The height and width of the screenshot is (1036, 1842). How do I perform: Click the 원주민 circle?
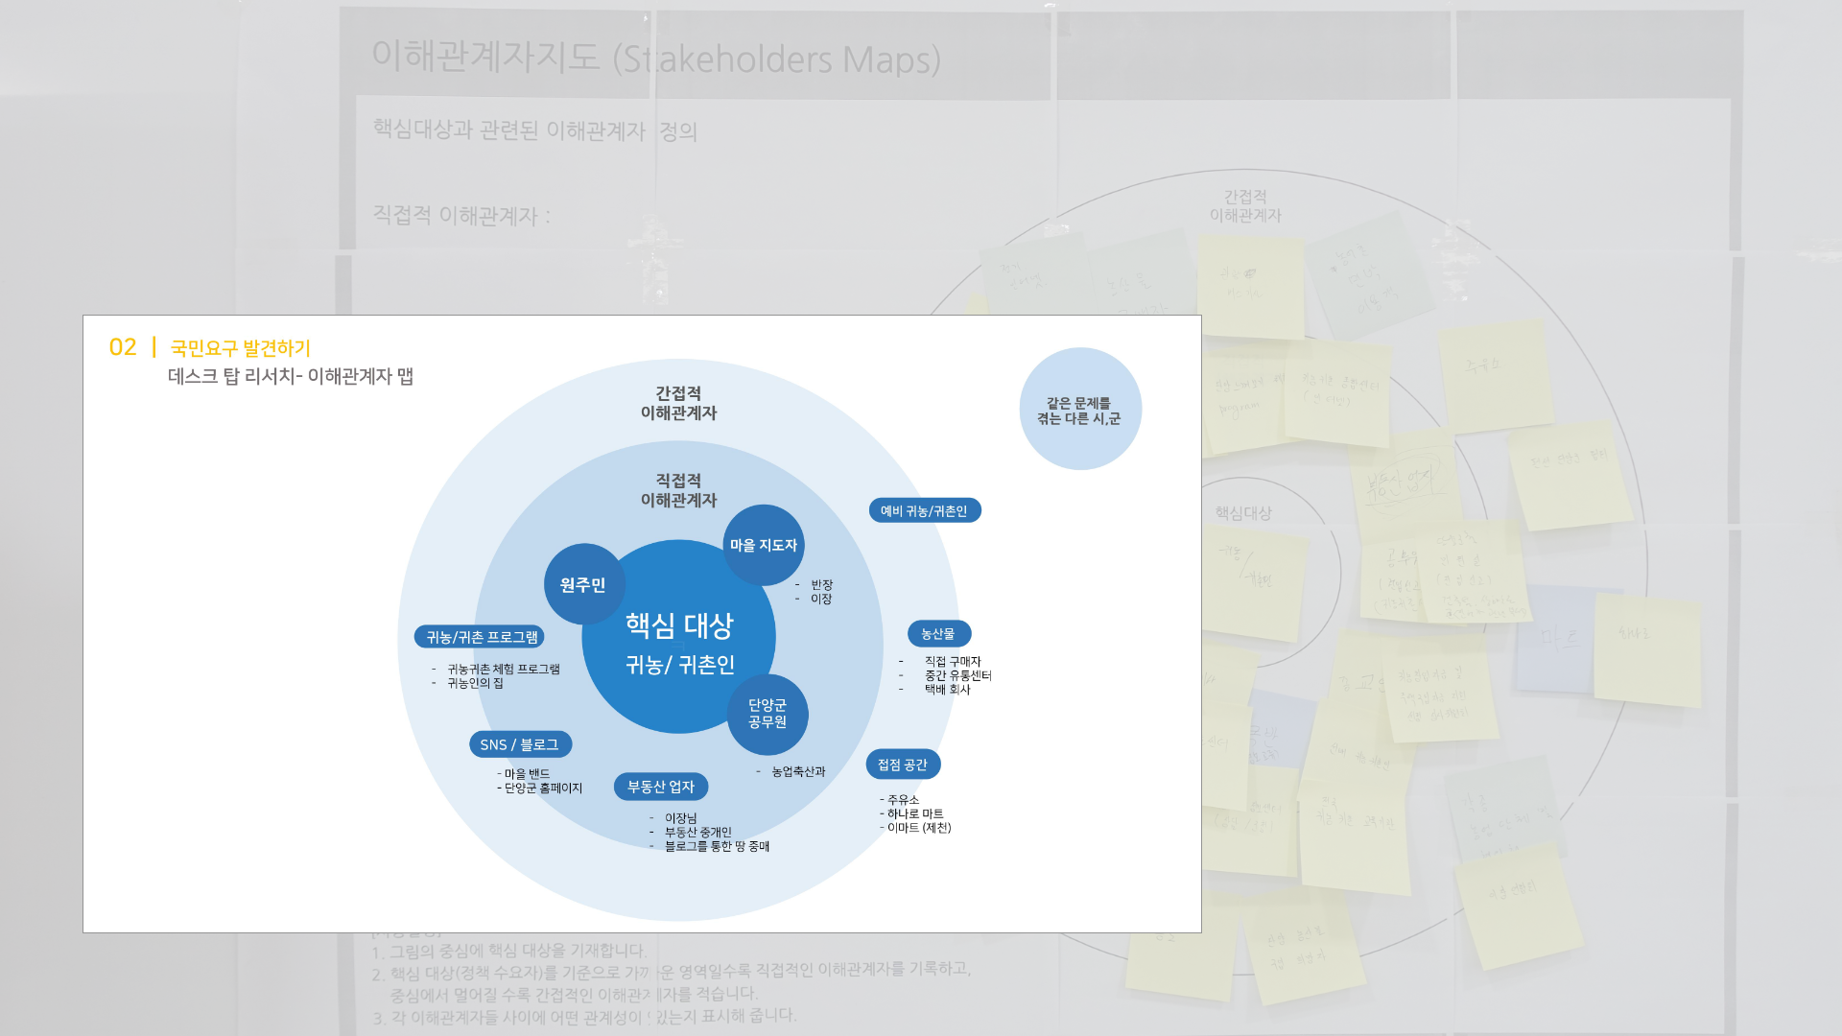(x=583, y=584)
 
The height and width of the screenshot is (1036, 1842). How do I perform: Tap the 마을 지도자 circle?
(x=764, y=545)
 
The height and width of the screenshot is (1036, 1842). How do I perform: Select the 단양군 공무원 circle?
(x=767, y=714)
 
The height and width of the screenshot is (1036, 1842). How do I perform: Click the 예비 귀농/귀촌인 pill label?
(x=924, y=510)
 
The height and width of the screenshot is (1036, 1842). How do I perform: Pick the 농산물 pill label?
(x=938, y=633)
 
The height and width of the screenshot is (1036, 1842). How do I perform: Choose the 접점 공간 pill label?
(x=903, y=765)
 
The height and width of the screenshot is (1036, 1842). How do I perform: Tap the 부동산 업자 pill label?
(x=661, y=787)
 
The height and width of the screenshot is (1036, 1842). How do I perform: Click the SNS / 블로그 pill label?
(x=519, y=744)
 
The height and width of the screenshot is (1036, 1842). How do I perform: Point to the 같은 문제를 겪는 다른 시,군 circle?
(x=1079, y=410)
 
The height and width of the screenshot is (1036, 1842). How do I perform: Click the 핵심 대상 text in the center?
(x=679, y=625)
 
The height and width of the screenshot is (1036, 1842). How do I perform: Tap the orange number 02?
(x=123, y=347)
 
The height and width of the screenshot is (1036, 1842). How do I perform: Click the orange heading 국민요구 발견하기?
(x=241, y=348)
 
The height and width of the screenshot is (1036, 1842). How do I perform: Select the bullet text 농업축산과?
(x=798, y=771)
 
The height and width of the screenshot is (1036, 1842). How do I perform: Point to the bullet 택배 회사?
(x=947, y=689)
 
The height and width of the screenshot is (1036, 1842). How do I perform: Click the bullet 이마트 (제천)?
(x=918, y=828)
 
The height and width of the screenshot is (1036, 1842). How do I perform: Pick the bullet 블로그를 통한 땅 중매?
(x=717, y=846)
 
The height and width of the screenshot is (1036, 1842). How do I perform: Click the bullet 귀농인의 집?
(x=475, y=683)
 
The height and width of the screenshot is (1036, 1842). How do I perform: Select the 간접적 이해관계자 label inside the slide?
(x=678, y=403)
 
